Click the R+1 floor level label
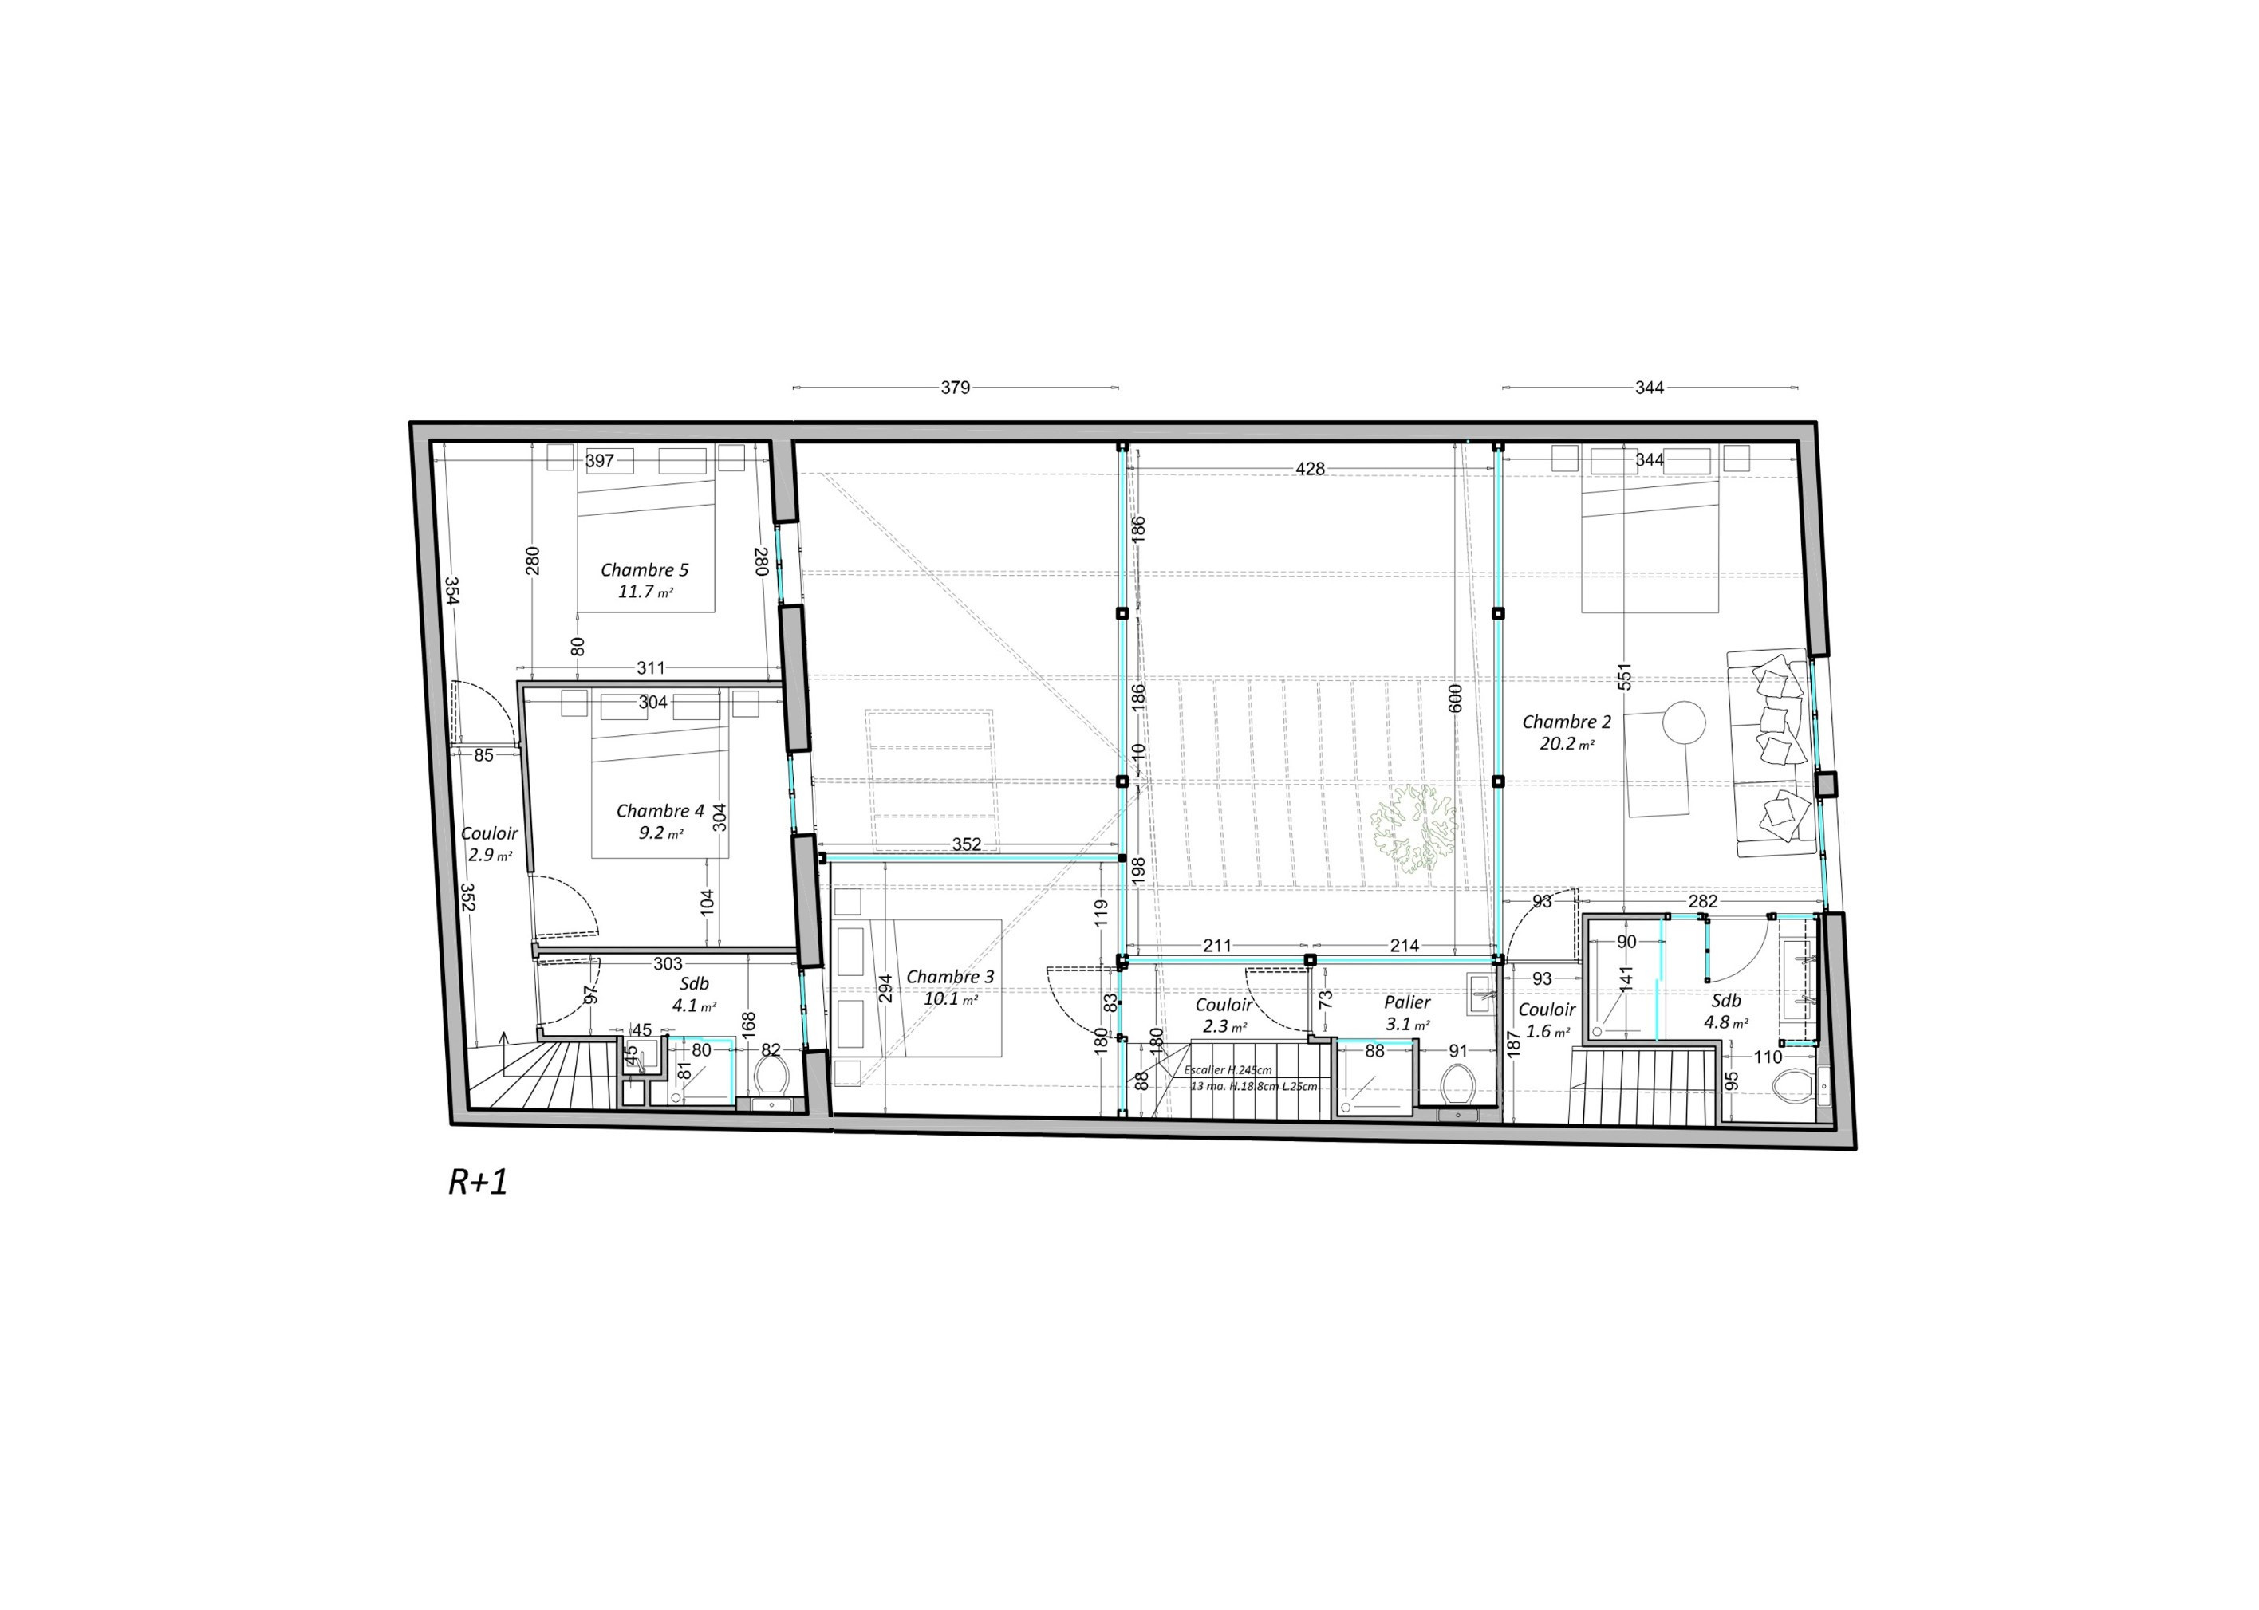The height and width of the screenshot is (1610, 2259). tap(478, 1183)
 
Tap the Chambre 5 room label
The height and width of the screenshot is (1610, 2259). tap(644, 570)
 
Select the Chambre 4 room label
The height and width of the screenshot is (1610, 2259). tap(660, 811)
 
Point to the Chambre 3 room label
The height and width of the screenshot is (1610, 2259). tap(949, 977)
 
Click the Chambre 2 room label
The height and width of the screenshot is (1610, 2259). tap(1567, 722)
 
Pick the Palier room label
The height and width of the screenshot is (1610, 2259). tap(1407, 1002)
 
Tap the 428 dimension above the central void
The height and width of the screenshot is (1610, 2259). tap(1310, 469)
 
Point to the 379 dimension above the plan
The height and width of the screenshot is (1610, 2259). tap(955, 388)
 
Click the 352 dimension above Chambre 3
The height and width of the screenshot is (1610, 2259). tap(966, 844)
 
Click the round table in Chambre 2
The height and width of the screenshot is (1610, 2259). tap(1684, 722)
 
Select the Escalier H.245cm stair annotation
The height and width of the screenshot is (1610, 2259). tap(1228, 1069)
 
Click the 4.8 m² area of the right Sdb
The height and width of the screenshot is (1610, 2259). tap(1725, 1022)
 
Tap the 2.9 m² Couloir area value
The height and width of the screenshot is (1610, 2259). tap(490, 855)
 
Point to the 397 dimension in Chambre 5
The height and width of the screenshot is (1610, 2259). tap(600, 461)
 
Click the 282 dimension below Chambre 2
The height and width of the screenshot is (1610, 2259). tap(1703, 901)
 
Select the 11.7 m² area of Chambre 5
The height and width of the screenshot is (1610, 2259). tap(645, 592)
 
